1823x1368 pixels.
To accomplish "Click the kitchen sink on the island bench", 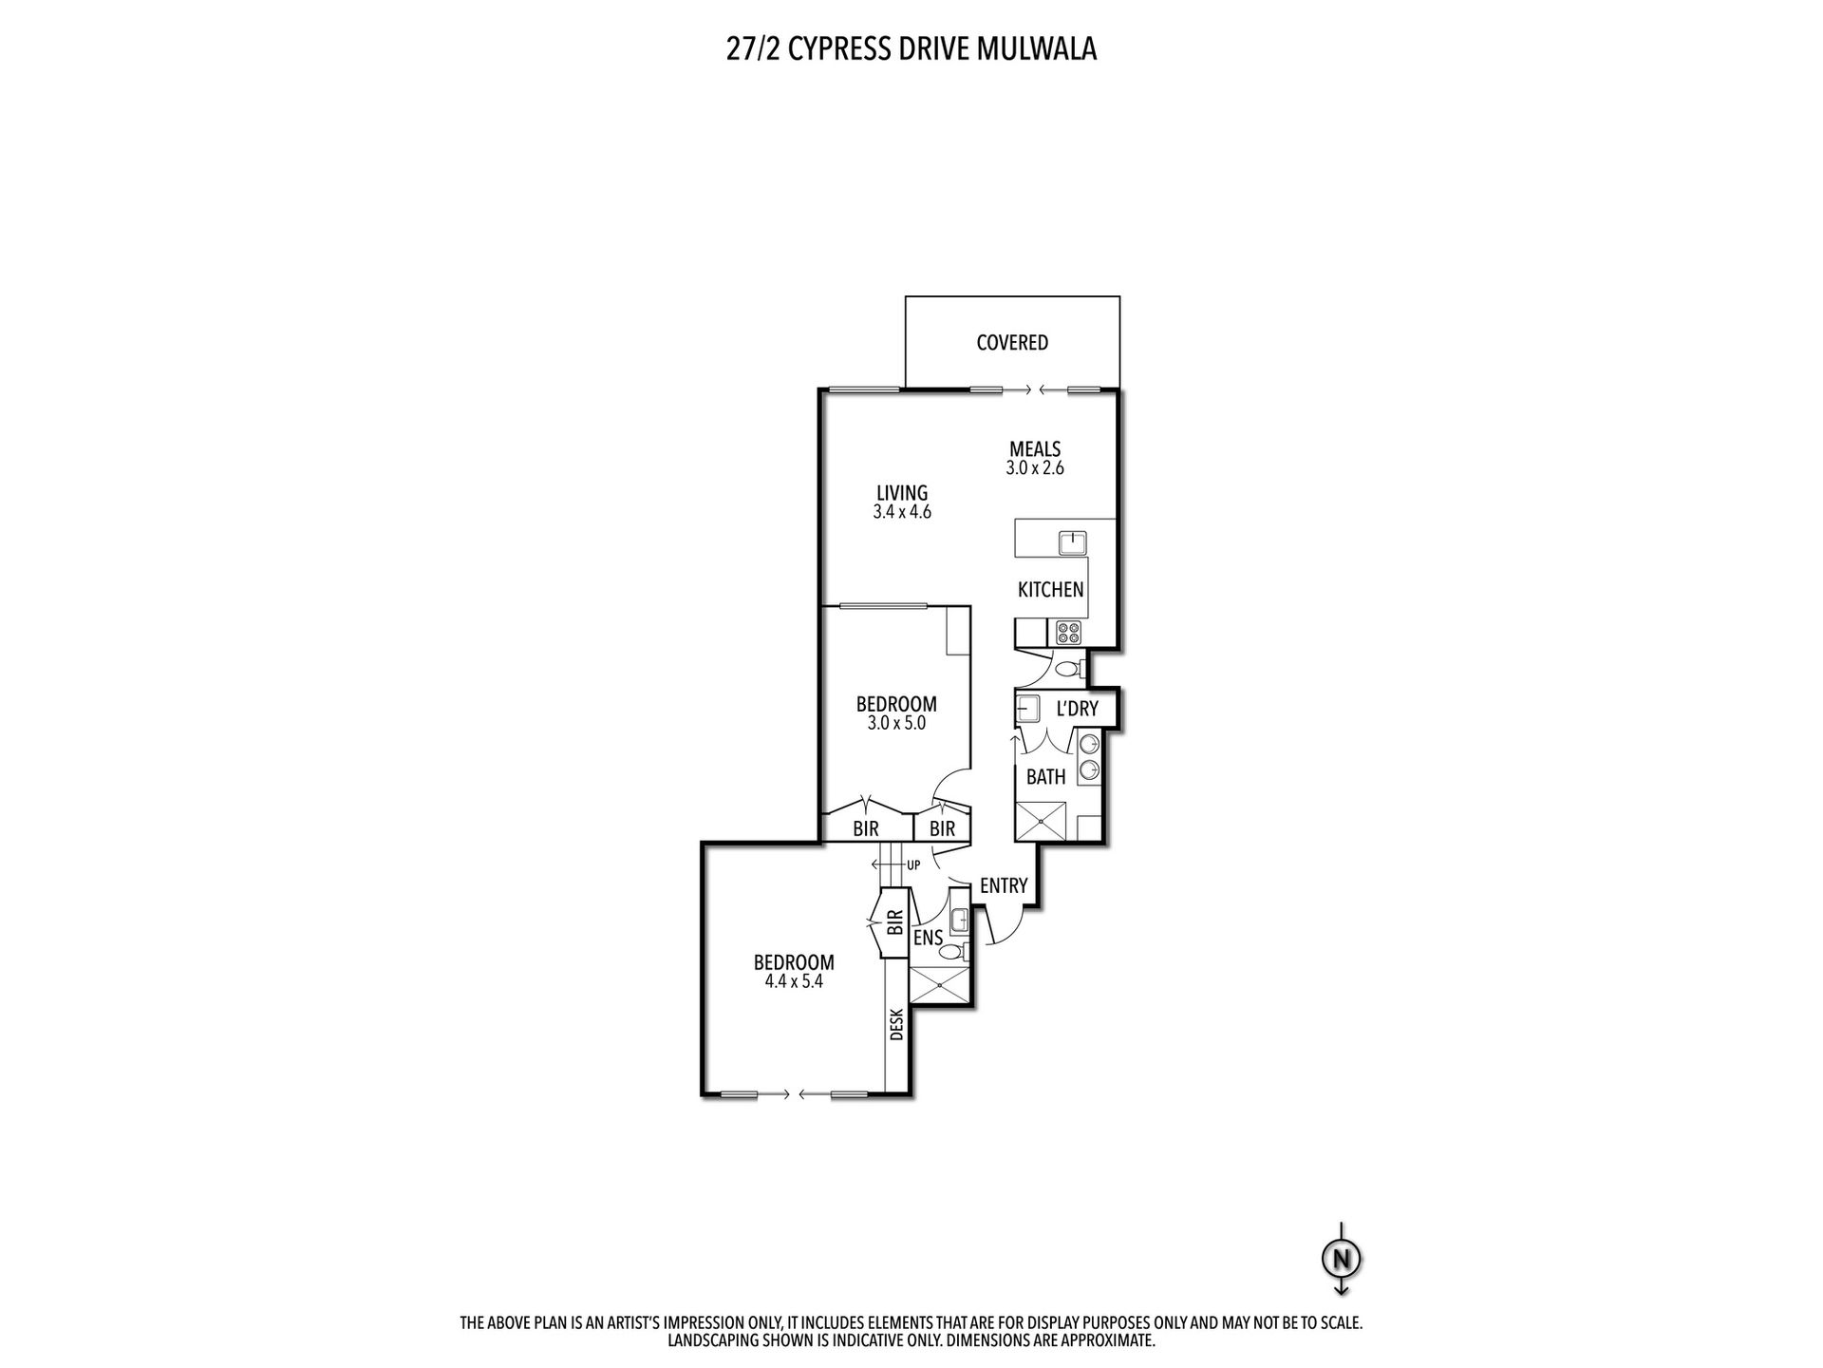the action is [1073, 543].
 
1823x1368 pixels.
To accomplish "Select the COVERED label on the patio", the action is [1012, 342].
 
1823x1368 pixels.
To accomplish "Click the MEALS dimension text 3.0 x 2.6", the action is [1034, 468].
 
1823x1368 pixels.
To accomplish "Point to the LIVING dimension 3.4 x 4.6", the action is [902, 512].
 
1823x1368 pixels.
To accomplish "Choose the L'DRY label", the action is [1077, 709].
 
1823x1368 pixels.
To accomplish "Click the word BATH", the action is [1045, 777].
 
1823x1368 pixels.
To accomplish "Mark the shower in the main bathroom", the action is [1041, 822].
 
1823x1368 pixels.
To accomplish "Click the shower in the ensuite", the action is [940, 985].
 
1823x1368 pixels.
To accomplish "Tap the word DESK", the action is [896, 1024].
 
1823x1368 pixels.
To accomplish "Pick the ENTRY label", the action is [1004, 885].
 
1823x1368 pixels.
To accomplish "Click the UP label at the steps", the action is [913, 865].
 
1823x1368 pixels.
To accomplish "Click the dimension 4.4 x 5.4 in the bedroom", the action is [794, 981].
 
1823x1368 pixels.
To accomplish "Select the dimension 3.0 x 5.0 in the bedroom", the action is [896, 723].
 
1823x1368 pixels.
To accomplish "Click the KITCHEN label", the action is [1050, 590].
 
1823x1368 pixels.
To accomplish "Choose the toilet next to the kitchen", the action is [1069, 669].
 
